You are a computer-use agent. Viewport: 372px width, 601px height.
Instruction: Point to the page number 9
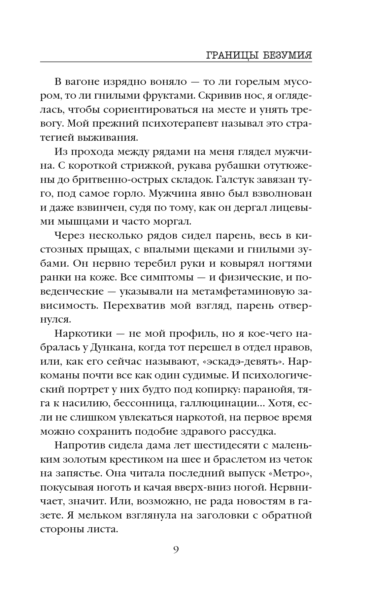point(176,550)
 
